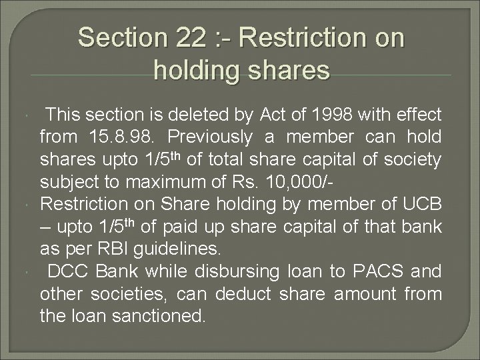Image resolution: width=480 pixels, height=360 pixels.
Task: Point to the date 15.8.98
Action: pyautogui.click(x=123, y=137)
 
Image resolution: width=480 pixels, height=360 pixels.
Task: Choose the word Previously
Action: pyautogui.click(x=209, y=137)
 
